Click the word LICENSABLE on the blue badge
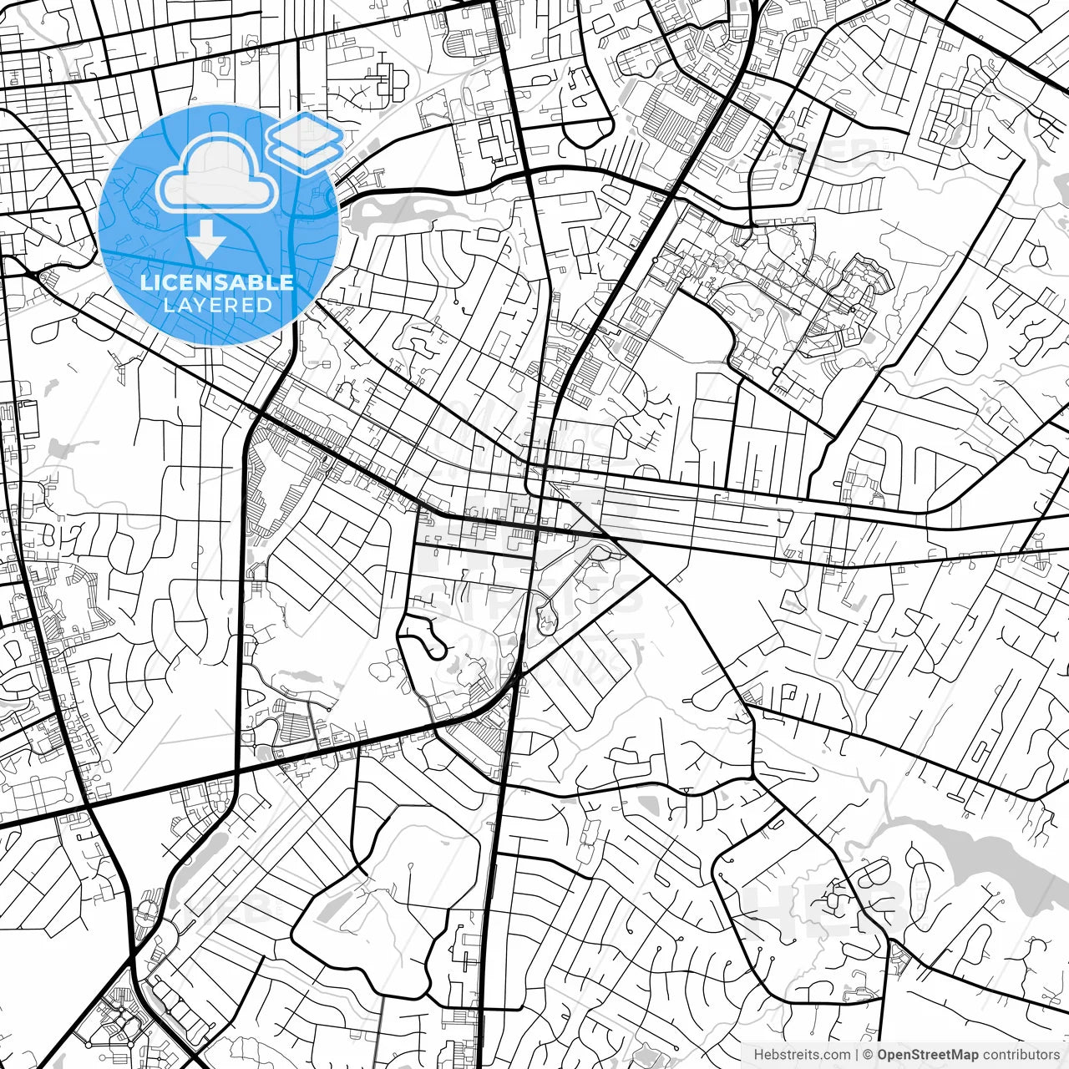pos(217,282)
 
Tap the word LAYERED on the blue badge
pos(217,305)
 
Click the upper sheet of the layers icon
pos(305,132)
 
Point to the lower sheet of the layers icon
pos(305,155)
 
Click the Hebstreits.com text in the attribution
pos(802,1055)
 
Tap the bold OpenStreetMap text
pos(928,1055)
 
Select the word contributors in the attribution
pos(1021,1055)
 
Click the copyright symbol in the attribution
pos(869,1055)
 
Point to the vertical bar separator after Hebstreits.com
pos(857,1055)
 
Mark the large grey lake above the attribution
pos(960,844)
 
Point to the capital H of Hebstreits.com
pos(758,1055)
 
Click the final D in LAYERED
pos(265,305)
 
